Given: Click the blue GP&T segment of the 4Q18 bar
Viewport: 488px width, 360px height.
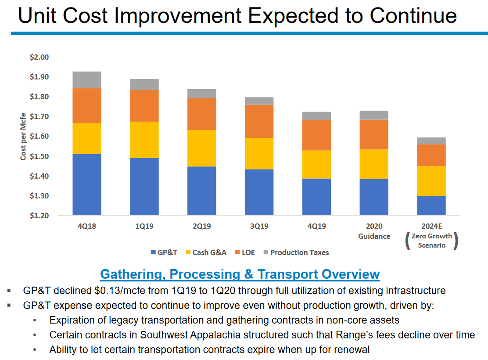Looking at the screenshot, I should (x=87, y=184).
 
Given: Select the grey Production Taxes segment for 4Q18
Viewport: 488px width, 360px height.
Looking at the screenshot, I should (x=87, y=80).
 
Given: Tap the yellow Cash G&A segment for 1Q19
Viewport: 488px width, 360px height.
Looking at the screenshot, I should (x=144, y=140).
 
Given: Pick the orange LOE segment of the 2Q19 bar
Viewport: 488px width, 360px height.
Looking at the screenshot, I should (x=201, y=114).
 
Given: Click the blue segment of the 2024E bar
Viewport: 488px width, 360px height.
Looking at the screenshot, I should (x=431, y=205).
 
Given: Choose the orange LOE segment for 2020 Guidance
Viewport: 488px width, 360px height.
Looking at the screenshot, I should (x=374, y=134).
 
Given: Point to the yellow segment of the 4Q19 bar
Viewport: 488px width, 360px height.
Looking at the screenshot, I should (x=316, y=164).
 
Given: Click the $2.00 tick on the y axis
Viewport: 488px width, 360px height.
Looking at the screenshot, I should (x=39, y=57).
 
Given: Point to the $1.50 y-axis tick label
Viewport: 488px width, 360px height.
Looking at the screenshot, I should (x=39, y=156).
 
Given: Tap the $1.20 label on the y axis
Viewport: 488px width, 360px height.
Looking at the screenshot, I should (x=39, y=216).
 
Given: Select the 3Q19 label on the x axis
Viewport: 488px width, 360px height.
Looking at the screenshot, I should (x=259, y=227).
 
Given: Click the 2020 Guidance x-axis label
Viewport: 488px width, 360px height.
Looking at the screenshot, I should (x=374, y=231).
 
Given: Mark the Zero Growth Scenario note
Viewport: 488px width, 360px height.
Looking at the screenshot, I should (x=431, y=241).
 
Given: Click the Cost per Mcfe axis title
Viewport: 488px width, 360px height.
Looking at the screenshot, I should (x=23, y=136).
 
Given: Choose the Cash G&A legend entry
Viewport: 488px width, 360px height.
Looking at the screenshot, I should (x=206, y=252).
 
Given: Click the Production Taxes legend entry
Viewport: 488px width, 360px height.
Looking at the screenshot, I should (x=296, y=252).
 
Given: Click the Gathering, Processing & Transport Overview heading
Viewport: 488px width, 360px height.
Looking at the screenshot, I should (x=240, y=274).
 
